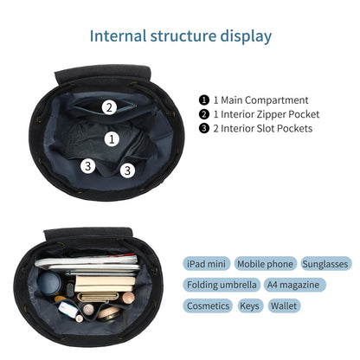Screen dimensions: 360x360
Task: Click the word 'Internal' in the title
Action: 118,36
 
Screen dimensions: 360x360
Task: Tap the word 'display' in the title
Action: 246,37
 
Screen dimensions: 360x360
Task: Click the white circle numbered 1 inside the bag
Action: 112,139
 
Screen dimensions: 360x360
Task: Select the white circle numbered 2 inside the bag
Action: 109,107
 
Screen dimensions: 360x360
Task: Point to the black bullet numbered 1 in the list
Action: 204,100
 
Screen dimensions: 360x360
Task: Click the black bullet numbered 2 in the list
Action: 204,114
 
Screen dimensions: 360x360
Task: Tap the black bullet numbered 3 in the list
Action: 204,128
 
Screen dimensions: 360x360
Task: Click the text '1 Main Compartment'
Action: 260,100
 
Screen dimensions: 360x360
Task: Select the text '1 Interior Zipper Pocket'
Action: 267,114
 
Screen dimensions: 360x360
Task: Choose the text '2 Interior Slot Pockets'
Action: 263,128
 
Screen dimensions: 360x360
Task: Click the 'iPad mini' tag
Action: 207,264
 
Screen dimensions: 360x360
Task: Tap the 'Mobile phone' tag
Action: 265,264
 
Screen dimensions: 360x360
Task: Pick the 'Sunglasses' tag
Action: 325,264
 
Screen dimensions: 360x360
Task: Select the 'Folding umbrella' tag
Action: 222,285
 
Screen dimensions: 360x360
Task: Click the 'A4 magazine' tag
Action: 294,285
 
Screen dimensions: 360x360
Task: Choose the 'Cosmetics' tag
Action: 208,305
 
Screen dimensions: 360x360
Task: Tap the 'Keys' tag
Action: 250,305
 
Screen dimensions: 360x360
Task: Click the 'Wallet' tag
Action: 285,305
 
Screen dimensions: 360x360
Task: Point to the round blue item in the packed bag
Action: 49,284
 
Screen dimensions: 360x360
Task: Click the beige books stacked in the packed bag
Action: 105,283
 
